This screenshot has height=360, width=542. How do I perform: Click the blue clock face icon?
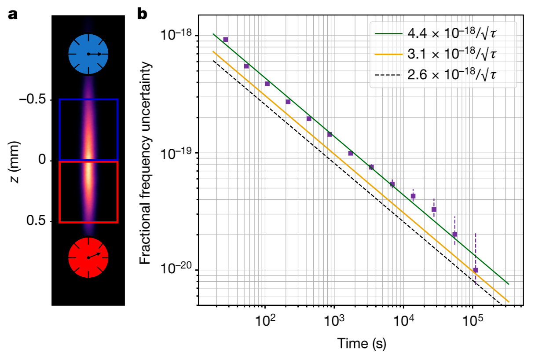coord(88,54)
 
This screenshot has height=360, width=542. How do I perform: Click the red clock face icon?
coord(88,257)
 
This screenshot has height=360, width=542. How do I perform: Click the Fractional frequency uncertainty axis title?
coord(145,162)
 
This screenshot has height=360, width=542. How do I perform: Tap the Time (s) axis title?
coord(361,343)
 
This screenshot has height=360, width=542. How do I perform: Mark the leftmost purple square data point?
coord(226,40)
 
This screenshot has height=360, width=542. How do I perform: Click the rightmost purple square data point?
coord(476,270)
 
